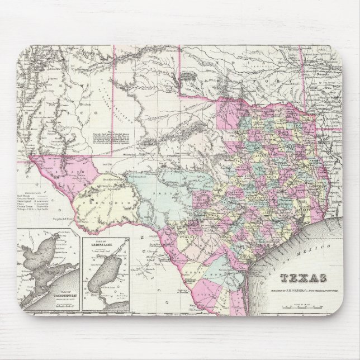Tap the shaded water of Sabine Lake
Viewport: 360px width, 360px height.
(x=103, y=277)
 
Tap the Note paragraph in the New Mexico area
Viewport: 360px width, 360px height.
(x=115, y=136)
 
